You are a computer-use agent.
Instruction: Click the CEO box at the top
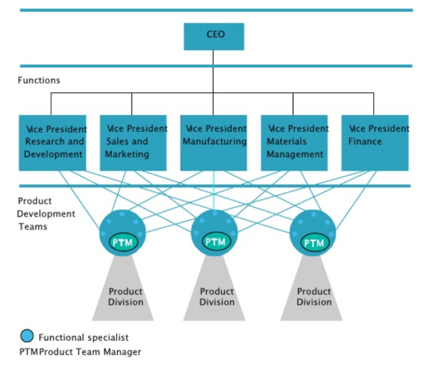214,36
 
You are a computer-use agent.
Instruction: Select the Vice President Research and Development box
53,143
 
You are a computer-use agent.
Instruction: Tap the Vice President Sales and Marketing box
133,143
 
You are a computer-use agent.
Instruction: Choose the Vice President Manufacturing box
214,143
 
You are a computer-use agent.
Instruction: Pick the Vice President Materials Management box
294,143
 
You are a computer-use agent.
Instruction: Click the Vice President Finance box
375,143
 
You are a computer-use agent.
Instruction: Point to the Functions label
39,81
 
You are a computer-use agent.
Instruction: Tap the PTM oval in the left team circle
122,242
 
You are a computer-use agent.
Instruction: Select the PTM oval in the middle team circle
214,242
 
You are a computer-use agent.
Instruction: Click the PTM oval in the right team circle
314,243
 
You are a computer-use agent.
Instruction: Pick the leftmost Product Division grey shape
124,294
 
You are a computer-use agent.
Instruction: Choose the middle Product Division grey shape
215,294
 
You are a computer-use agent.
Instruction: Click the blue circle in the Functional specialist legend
27,336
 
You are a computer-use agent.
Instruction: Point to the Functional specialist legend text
83,337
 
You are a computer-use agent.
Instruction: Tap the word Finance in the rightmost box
365,142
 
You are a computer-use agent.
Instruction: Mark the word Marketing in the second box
127,154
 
